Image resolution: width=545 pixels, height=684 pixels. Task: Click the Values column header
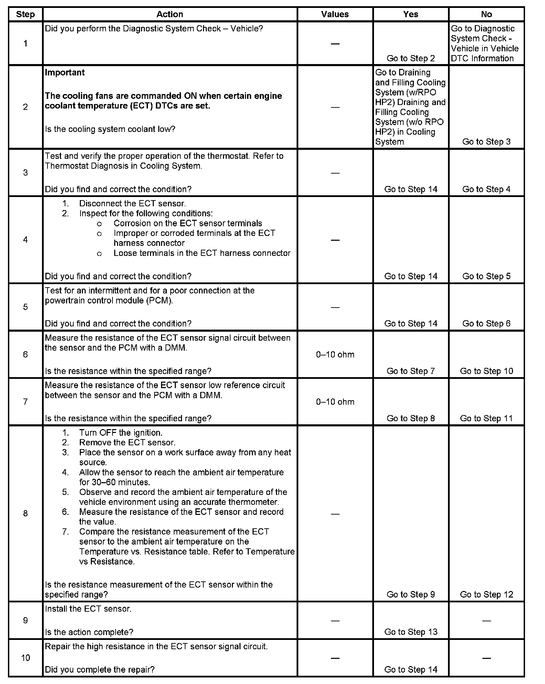[335, 14]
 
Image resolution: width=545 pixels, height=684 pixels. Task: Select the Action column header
[170, 14]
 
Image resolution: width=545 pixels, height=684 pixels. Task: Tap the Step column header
[25, 14]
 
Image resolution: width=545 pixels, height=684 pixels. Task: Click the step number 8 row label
[25, 514]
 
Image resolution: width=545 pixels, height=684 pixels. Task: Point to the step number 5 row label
[25, 307]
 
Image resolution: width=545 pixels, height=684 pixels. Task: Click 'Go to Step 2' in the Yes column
[410, 58]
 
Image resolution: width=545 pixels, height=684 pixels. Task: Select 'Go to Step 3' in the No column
[486, 142]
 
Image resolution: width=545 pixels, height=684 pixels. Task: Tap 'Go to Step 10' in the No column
[486, 371]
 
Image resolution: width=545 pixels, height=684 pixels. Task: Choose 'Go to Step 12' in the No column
[486, 594]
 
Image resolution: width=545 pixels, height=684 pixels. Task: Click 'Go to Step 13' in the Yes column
[410, 632]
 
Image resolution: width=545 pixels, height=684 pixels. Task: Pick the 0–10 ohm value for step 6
[335, 354]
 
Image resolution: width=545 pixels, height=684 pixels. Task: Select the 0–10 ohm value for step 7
[335, 402]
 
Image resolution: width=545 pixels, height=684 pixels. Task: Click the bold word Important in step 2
[65, 73]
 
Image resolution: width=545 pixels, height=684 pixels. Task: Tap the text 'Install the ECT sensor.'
[88, 609]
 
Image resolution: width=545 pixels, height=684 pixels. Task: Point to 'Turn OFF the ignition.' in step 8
[121, 433]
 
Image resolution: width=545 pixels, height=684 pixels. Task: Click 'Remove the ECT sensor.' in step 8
[127, 443]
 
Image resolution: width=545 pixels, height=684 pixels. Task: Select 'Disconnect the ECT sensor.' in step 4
[132, 204]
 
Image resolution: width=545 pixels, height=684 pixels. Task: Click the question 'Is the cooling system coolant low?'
[110, 129]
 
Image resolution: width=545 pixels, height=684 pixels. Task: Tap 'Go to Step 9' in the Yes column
[410, 594]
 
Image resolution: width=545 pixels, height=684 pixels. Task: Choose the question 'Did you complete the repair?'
[100, 670]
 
